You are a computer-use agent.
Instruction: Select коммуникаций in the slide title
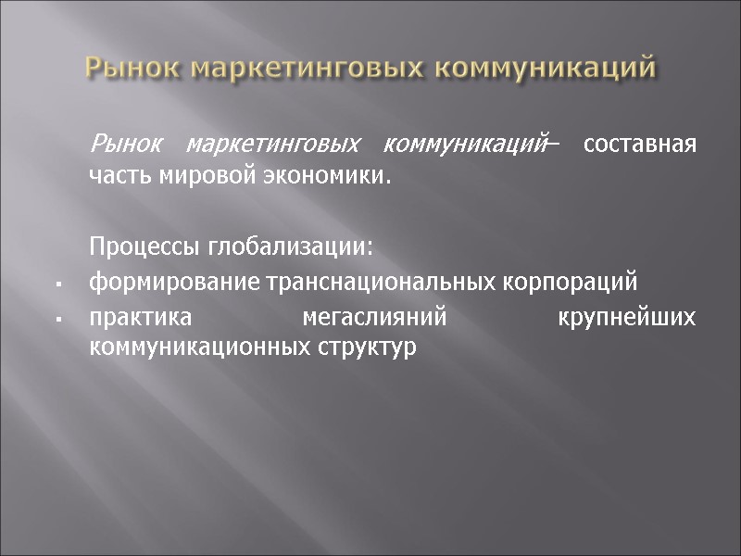click(544, 69)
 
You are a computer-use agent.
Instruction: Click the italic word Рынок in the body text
click(125, 145)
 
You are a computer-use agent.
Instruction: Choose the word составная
click(638, 145)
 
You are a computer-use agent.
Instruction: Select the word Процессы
click(133, 249)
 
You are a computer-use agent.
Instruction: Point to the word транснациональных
click(349, 282)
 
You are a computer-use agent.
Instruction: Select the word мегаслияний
click(375, 318)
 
